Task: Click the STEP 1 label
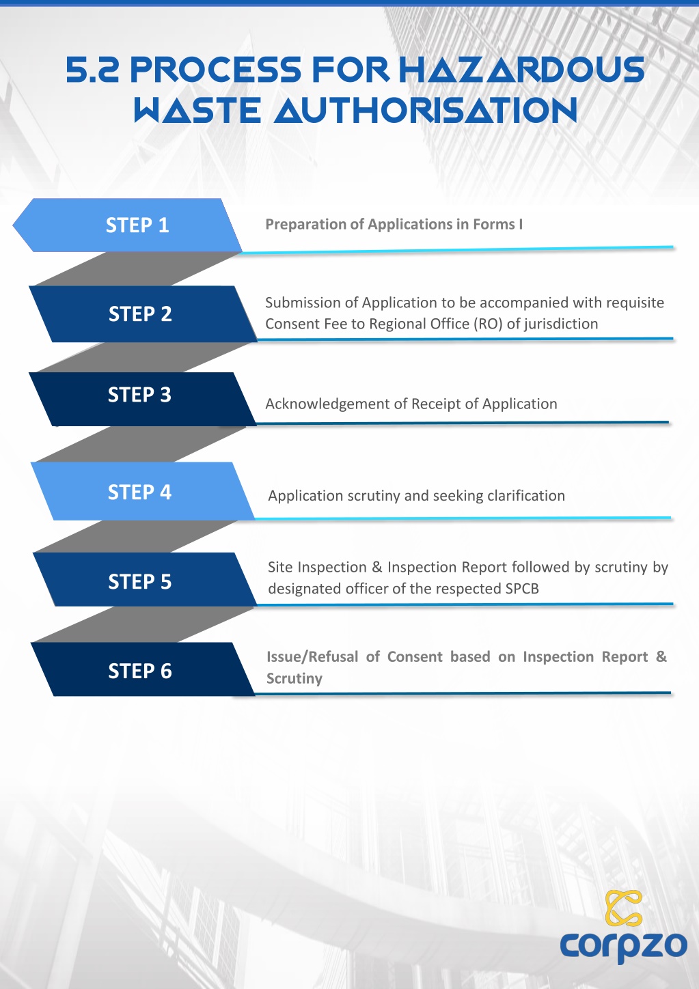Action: pos(137,225)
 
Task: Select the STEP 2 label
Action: pos(140,314)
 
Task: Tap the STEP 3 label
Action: pos(139,395)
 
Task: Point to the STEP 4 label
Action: pos(139,492)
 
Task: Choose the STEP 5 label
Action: pos(139,581)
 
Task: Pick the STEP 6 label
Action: pos(140,671)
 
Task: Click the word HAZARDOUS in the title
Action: pos(522,69)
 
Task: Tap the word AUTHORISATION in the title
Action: pos(426,109)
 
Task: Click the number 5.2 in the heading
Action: pos(92,69)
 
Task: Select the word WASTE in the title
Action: pos(197,109)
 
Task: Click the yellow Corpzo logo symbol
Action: pos(623,908)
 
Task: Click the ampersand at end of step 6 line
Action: pos(661,656)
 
